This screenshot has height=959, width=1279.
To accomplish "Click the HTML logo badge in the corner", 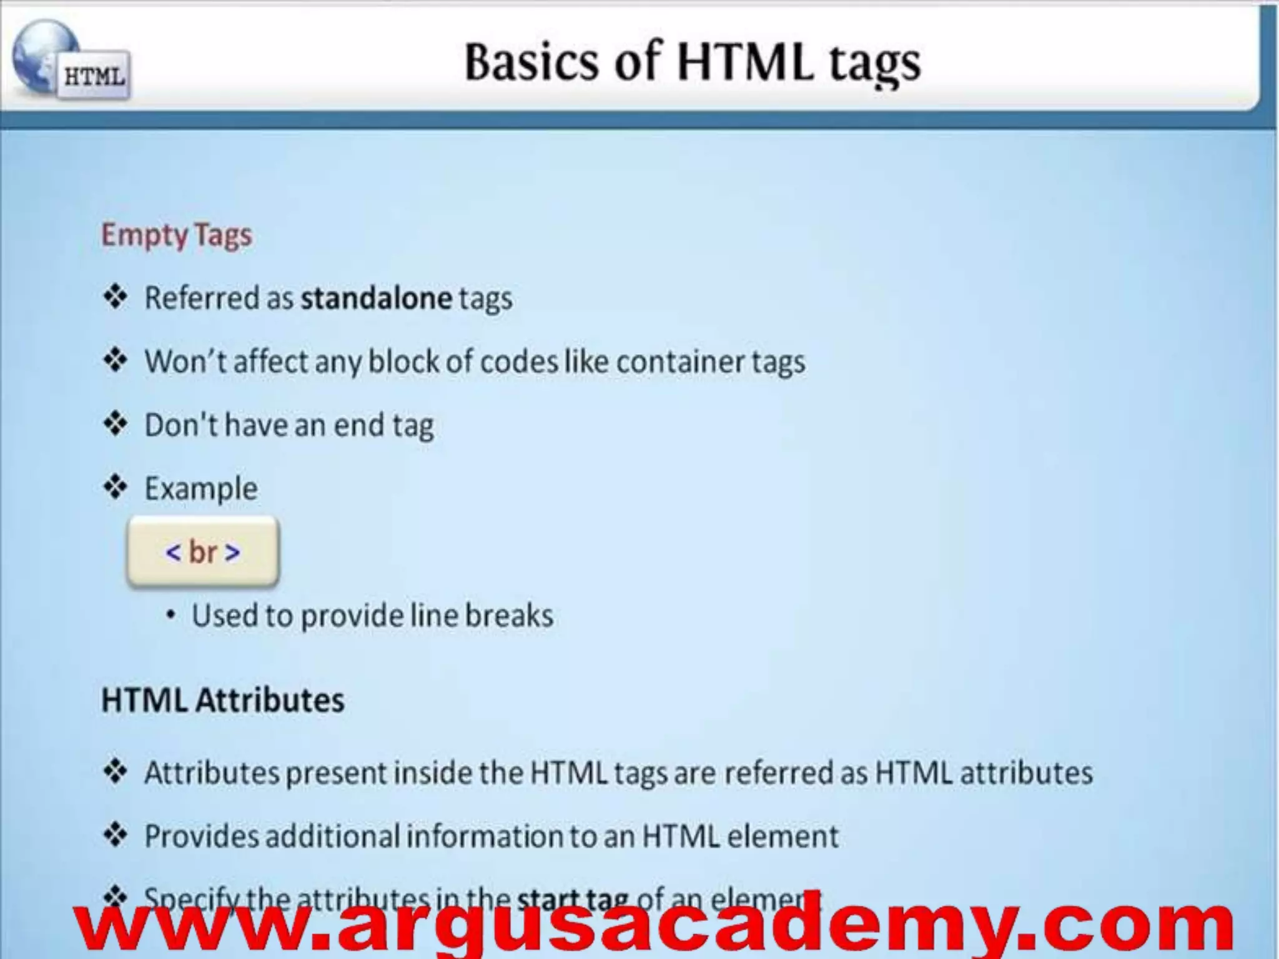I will coord(94,76).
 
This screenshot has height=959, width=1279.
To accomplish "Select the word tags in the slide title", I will coord(874,64).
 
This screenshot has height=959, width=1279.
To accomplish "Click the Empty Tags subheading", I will coord(177,235).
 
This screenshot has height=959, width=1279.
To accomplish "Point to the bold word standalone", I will coord(376,298).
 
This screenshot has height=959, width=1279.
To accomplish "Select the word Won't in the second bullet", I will coord(185,361).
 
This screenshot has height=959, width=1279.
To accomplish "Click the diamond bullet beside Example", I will coord(116,487).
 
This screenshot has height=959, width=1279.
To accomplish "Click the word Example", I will coord(201,489).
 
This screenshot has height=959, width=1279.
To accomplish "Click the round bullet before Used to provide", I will coord(170,616).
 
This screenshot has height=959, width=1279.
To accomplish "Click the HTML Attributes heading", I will coord(222,700).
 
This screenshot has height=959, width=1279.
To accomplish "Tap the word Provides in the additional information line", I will coord(201,837).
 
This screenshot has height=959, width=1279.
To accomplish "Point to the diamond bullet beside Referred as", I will coord(116,297).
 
